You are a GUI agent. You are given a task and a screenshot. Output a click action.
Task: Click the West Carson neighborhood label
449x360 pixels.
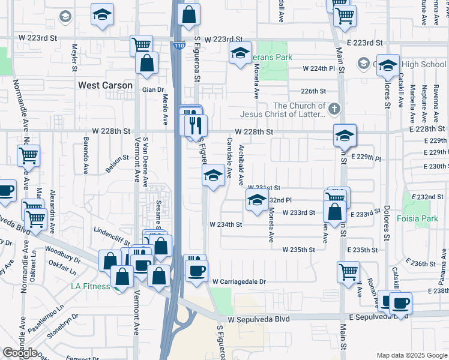(x=105, y=85)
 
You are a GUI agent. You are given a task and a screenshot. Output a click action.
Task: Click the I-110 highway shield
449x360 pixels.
(x=179, y=46)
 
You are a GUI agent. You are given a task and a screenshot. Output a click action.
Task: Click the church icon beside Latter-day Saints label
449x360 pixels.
(x=334, y=109)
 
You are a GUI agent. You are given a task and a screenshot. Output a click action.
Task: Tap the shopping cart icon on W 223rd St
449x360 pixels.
(x=141, y=44)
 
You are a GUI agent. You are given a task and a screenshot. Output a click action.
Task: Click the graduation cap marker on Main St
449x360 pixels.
(x=345, y=136)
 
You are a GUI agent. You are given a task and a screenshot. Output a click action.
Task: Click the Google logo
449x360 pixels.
(x=20, y=353)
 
